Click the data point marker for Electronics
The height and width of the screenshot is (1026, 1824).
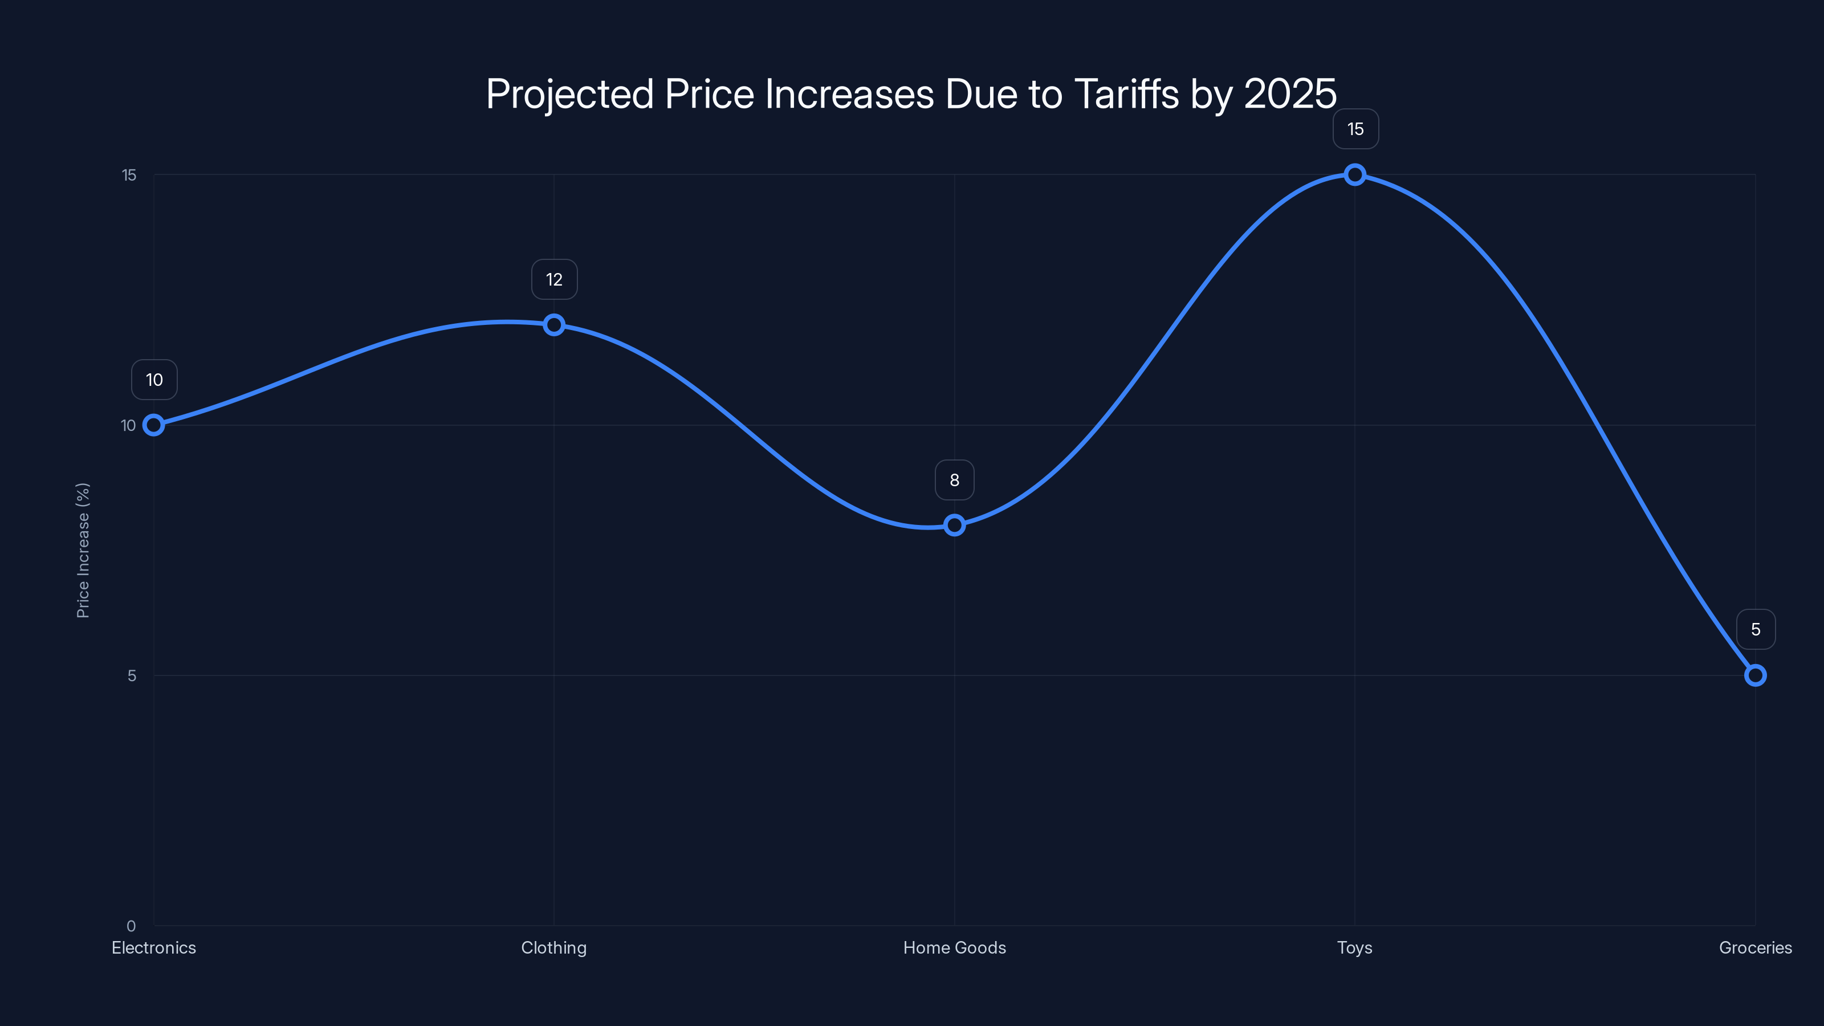coord(154,425)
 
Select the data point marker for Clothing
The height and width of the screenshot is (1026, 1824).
coord(553,325)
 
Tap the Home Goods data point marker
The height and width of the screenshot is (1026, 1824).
coord(955,526)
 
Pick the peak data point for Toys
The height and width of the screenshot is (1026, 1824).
coord(1354,175)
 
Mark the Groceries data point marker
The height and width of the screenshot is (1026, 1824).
coord(1756,675)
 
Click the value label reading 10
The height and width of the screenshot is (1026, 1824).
coord(154,380)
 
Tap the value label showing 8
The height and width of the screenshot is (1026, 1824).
coord(955,480)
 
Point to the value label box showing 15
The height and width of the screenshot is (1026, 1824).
coord(1355,129)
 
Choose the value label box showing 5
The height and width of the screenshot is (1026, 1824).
coord(1756,629)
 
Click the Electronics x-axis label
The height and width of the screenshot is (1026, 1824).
coord(154,947)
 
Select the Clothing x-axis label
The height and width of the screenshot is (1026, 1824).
coord(553,947)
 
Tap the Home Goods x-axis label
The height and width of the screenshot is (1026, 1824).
coord(955,947)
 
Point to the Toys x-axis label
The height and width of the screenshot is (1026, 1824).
coord(1354,947)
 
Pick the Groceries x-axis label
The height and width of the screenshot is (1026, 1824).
coord(1756,947)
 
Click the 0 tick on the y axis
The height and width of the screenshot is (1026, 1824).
coord(131,926)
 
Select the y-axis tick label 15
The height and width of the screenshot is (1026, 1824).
coord(129,175)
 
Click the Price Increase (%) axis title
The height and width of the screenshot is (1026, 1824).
coord(83,550)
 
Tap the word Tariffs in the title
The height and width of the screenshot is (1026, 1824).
coord(1126,94)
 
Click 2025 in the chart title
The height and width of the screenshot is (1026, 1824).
coord(1290,94)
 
